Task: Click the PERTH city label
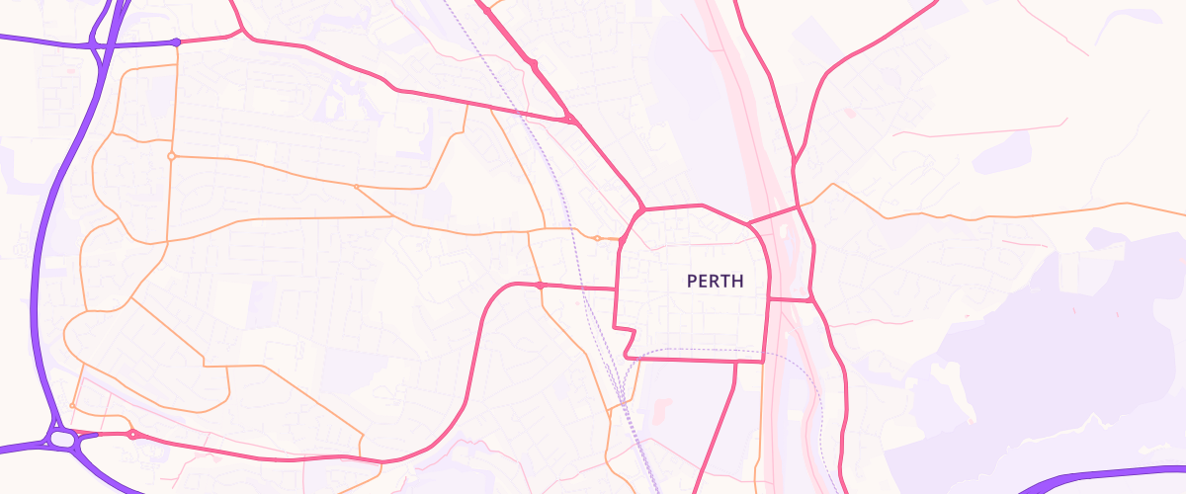pyautogui.click(x=715, y=282)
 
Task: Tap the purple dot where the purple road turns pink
pyautogui.click(x=176, y=41)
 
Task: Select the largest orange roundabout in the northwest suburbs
pyautogui.click(x=171, y=156)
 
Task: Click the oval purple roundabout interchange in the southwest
pyautogui.click(x=60, y=438)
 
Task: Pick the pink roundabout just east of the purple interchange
pyautogui.click(x=132, y=435)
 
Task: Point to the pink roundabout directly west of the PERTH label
pyautogui.click(x=540, y=285)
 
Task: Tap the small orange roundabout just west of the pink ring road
pyautogui.click(x=597, y=238)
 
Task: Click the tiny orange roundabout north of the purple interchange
pyautogui.click(x=73, y=406)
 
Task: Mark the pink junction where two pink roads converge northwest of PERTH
pyautogui.click(x=570, y=120)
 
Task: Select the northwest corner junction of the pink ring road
pyautogui.click(x=640, y=210)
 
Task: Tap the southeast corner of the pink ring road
pyautogui.click(x=765, y=362)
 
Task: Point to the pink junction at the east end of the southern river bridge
pyautogui.click(x=810, y=298)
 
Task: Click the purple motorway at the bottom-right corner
pyautogui.click(x=1107, y=475)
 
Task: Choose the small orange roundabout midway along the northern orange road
pyautogui.click(x=356, y=186)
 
